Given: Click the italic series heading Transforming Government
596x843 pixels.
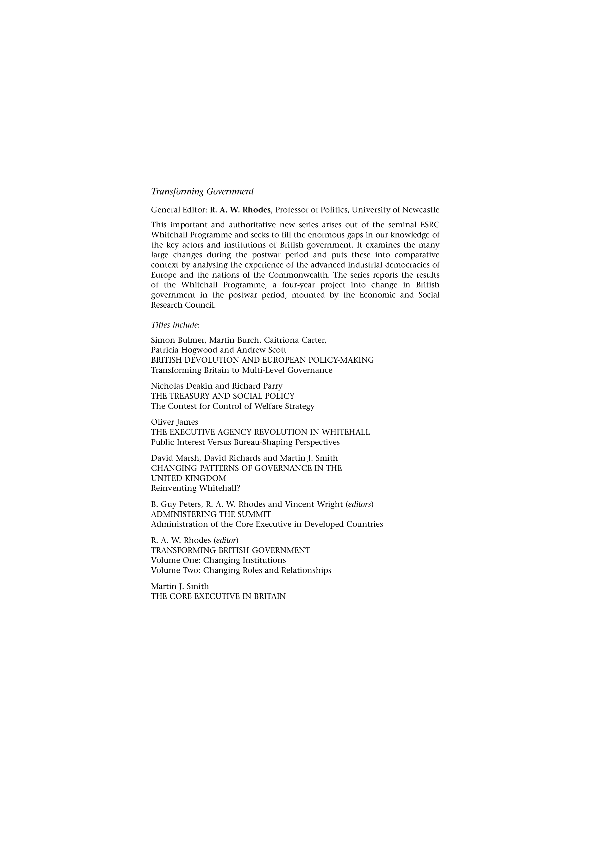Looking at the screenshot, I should pos(202,192).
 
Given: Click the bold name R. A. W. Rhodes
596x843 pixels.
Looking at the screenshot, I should pos(240,210).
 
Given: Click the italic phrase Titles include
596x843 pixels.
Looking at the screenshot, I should pos(175,325).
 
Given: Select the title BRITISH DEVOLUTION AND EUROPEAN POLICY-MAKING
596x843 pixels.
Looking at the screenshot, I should pos(262,360).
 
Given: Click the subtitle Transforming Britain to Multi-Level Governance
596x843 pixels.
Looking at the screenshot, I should pos(241,370).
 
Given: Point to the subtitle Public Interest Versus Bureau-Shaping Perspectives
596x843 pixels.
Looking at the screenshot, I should pos(245,442).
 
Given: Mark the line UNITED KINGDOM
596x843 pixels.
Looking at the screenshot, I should pos(188,478).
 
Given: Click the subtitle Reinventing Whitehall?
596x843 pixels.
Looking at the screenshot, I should pos(195,488).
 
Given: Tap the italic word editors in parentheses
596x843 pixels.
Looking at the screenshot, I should pos(359,504).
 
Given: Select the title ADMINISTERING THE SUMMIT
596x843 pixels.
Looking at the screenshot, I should pos(211,514).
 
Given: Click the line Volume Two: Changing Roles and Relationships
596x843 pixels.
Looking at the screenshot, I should pos(241,570).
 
